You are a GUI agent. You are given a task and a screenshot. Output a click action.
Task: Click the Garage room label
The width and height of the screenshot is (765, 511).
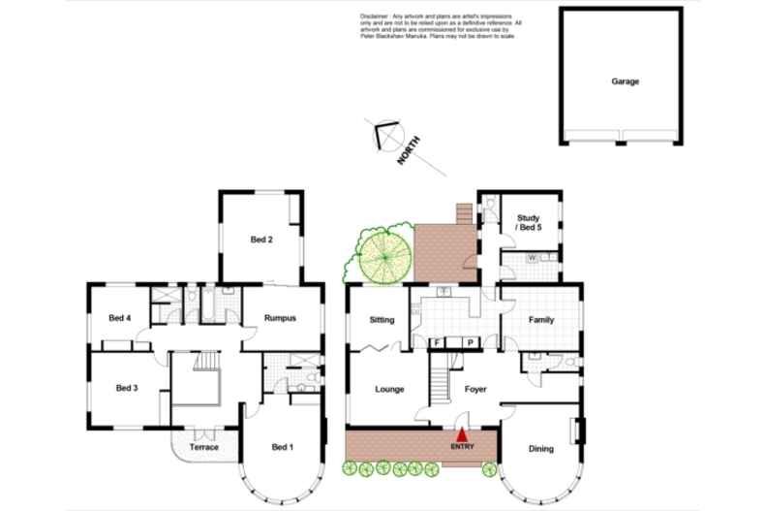coord(625,81)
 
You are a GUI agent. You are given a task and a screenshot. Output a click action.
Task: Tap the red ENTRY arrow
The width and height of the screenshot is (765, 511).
coord(463,438)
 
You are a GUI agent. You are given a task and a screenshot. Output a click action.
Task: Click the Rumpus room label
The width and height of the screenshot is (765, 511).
coord(281,318)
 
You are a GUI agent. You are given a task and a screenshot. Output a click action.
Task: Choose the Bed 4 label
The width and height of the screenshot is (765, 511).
coord(119,318)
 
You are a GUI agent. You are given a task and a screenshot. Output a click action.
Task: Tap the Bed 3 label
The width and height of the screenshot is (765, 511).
coord(127,388)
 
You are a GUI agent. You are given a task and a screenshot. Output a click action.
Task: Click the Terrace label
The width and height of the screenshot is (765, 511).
coord(204,447)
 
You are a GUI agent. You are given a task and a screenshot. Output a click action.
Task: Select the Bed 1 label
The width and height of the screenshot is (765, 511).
coord(281,447)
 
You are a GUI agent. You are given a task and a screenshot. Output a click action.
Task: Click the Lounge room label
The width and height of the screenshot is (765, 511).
coord(389,389)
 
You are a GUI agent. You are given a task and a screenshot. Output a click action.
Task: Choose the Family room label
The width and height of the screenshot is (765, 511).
coord(540,319)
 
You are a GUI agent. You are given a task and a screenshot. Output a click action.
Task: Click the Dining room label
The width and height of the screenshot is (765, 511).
coord(542,448)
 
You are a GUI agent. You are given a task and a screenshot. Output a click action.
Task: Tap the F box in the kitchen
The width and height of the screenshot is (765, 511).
coord(437,342)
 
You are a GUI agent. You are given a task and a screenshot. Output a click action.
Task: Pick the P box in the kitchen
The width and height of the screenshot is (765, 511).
coord(470,342)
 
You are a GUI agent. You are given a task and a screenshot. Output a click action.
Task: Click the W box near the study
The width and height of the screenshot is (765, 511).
coord(533,258)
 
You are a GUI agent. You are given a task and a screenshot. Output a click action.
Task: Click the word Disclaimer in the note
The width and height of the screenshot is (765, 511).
coord(374,16)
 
